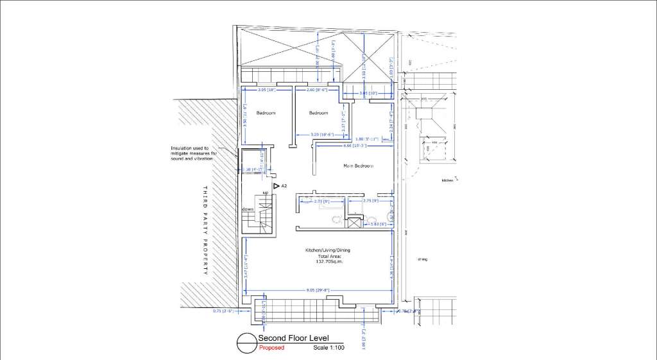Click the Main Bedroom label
(x=358, y=166)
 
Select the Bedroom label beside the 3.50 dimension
(x=266, y=113)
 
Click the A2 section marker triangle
(x=277, y=186)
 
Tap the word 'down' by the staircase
(x=248, y=209)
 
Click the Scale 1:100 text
(x=329, y=348)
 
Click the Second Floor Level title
(x=293, y=338)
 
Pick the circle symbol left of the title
(x=246, y=343)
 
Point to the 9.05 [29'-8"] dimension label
(x=318, y=290)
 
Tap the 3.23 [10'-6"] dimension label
(x=321, y=134)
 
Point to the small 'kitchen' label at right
(x=448, y=180)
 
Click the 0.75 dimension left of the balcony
(x=223, y=311)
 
